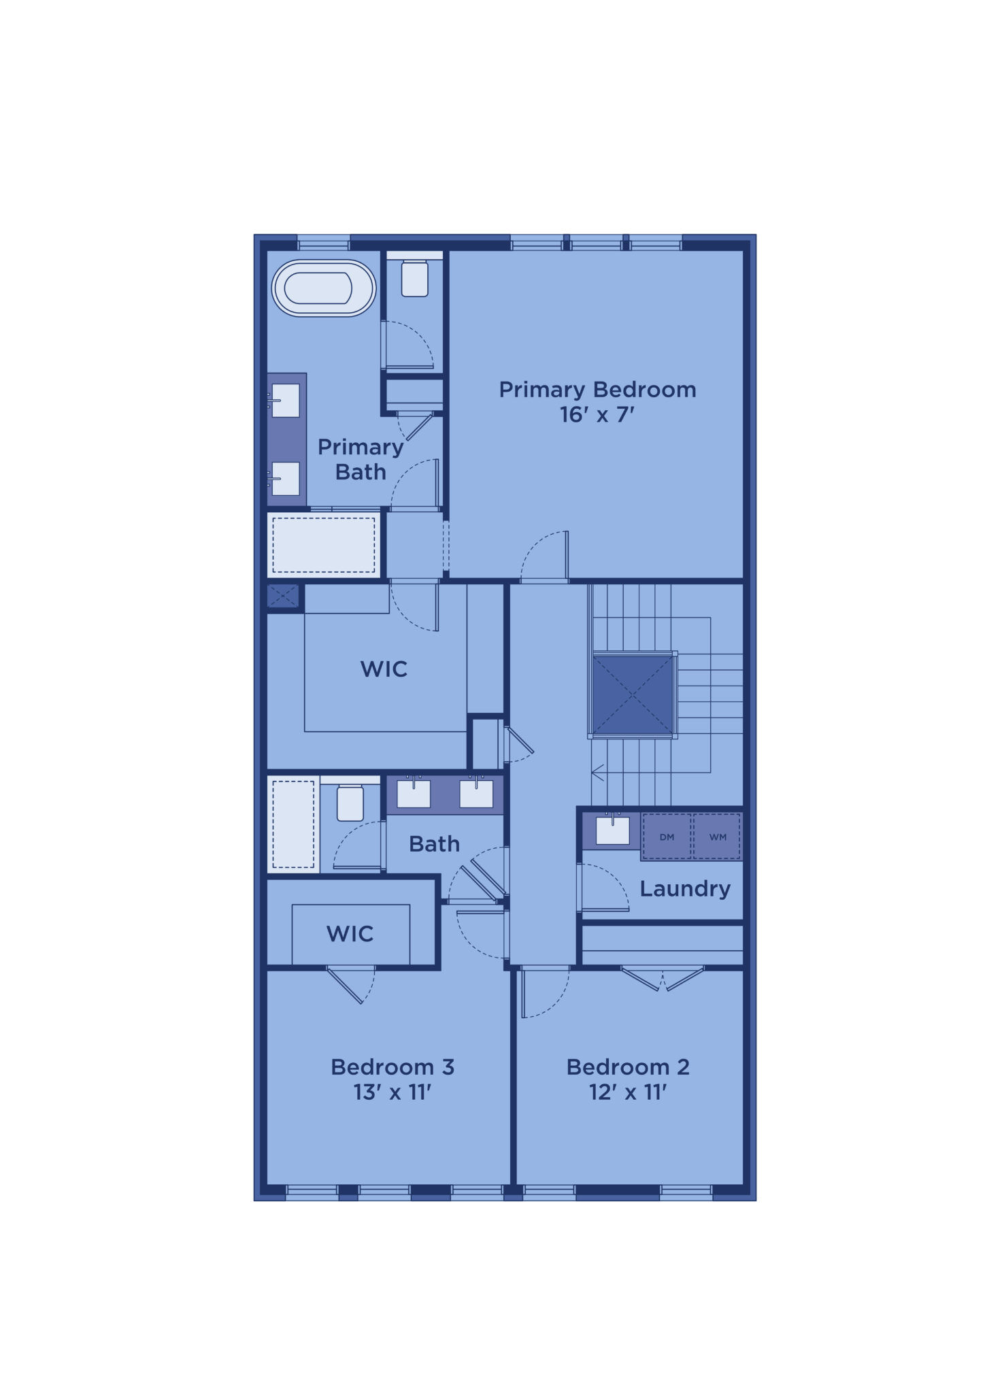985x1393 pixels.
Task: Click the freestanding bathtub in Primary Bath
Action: click(x=324, y=288)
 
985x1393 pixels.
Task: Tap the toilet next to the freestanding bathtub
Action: click(x=415, y=278)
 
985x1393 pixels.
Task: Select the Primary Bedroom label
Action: click(x=597, y=390)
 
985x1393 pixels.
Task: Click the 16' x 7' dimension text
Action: click(x=597, y=414)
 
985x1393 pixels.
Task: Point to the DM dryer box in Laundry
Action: click(x=667, y=837)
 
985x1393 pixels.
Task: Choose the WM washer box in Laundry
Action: click(x=718, y=837)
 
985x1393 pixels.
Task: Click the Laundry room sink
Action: click(x=613, y=830)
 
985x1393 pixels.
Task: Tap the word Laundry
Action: click(x=685, y=888)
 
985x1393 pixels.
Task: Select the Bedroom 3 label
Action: click(x=393, y=1067)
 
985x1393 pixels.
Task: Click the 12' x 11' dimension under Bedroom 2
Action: click(x=628, y=1092)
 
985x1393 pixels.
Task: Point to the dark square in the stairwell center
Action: click(x=633, y=694)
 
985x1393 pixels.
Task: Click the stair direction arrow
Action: click(x=598, y=773)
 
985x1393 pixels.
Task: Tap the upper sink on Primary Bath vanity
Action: click(x=286, y=401)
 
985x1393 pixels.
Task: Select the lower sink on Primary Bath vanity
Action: click(x=286, y=478)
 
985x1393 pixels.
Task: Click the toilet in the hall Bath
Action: click(x=350, y=803)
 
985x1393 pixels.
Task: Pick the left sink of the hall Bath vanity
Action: click(x=414, y=794)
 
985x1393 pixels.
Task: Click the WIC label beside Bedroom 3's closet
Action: click(x=350, y=934)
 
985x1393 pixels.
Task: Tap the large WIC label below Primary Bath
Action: click(x=384, y=669)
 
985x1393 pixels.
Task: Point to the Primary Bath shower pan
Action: click(x=324, y=545)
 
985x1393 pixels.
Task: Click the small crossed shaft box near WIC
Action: click(x=283, y=597)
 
